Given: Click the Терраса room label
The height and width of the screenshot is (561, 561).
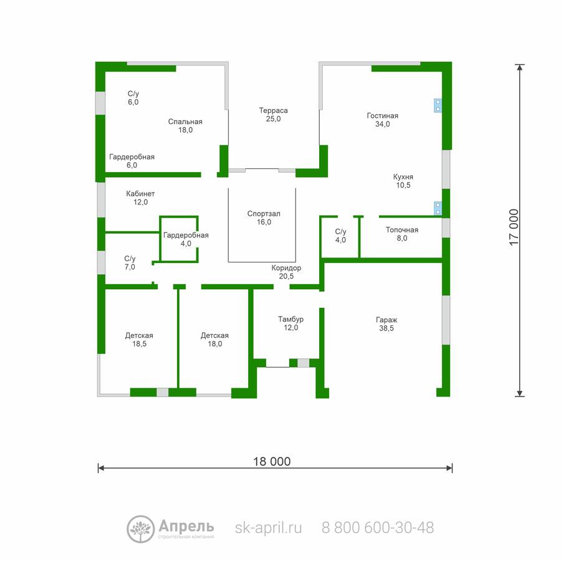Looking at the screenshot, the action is pos(274,115).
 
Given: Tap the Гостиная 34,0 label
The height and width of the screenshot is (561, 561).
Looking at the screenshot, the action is pos(383,120).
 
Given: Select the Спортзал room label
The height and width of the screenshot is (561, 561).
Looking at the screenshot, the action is pos(264,218).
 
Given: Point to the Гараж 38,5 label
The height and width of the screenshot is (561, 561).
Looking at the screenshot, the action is pos(386,324).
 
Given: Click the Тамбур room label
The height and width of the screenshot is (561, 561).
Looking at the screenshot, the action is pos(291,323).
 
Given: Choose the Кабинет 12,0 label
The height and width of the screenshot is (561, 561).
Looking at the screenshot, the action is pos(140,198).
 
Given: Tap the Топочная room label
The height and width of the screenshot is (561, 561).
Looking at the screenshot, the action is pos(402,234).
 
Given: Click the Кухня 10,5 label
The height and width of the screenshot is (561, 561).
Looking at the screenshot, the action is pos(403,181).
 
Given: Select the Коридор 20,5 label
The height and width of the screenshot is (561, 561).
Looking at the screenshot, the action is pos(286,272).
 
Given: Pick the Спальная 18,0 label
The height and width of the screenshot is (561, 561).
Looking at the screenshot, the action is pos(185,125).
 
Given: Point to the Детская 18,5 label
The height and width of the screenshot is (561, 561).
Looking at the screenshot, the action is pos(139,339).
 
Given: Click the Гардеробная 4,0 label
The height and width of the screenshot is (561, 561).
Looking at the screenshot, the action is pos(186,239).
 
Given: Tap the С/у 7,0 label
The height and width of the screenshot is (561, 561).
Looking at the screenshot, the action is pos(130,262).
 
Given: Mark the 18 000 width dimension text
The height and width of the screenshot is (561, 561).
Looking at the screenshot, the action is pos(272,461).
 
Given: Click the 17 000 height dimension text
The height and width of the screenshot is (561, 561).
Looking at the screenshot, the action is pos(514,227).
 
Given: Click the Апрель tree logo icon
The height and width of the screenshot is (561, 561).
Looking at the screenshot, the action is pos(141,529).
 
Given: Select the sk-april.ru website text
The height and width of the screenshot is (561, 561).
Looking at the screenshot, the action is pos(268,528).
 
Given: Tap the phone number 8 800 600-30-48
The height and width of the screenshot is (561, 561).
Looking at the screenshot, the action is pos(378,528).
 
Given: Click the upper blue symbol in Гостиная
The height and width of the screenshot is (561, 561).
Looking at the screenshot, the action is pos(438,105).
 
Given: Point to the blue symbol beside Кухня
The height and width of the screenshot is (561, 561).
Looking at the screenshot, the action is pos(438,208).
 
